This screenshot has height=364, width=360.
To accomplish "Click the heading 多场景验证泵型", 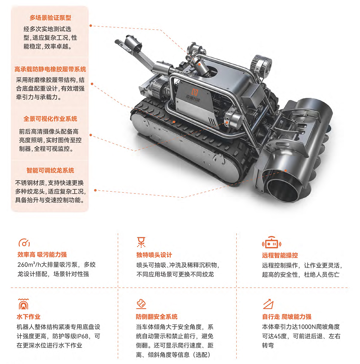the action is (x=50, y=18).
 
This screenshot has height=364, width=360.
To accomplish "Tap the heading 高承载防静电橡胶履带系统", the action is (x=50, y=69).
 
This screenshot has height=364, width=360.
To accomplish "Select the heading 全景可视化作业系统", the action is (x=50, y=119).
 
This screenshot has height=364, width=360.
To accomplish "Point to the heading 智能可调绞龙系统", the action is (x=50, y=170).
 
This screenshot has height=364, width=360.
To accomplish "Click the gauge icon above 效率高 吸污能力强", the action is (x=24, y=242).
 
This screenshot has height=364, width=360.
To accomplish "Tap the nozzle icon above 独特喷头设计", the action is (x=141, y=242).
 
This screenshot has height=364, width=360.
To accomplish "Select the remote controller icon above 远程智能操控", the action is (x=271, y=242).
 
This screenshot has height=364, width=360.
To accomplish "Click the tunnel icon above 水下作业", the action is (x=23, y=304).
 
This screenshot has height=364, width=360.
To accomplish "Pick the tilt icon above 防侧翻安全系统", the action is (x=141, y=304).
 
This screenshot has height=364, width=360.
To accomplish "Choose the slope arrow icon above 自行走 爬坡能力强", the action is (x=268, y=304).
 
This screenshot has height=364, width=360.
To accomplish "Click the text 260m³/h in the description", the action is (x=29, y=264).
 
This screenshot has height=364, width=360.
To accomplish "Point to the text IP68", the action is (x=82, y=336).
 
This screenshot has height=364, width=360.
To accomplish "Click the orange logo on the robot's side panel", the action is (x=194, y=92).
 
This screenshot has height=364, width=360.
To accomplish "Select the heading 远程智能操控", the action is (x=280, y=255).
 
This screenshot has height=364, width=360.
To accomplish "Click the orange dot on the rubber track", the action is (x=174, y=122).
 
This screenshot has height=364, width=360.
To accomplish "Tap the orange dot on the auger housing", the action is (x=286, y=170).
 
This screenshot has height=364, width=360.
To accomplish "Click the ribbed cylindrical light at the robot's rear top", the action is (x=261, y=65).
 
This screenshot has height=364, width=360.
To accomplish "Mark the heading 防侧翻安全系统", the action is (x=157, y=317).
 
